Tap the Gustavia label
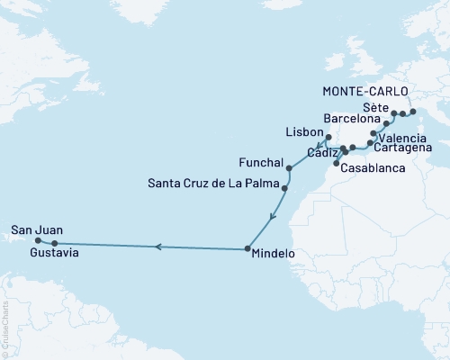point(54,254)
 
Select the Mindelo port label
point(273,255)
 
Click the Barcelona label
point(353,117)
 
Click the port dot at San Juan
point(38,240)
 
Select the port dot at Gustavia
point(55,243)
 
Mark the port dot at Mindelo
point(247,248)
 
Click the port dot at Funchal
point(288,168)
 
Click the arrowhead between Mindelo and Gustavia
point(157,246)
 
